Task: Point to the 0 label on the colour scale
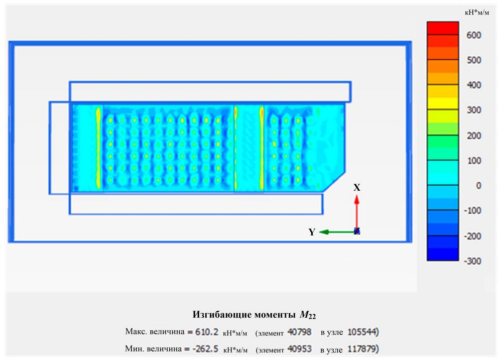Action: point(479,186)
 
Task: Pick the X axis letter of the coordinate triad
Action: point(357,188)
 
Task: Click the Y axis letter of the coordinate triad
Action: point(312,232)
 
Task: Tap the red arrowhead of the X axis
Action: point(356,199)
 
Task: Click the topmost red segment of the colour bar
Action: point(443,28)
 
